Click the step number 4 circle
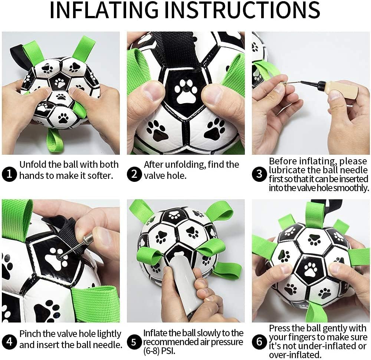click(9, 342)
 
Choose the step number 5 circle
click(134, 342)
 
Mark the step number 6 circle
click(259, 342)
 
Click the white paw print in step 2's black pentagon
click(186, 91)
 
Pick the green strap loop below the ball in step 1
click(55, 140)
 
